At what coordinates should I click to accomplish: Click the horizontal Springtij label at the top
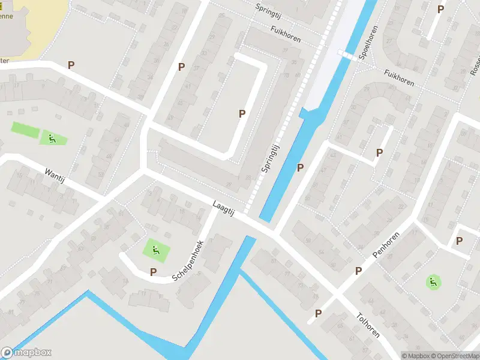pyautogui.click(x=268, y=11)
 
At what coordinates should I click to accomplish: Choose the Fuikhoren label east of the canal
pyautogui.click(x=400, y=78)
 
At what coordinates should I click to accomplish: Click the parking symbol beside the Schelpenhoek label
pyautogui.click(x=153, y=272)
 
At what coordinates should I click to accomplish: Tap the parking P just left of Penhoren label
pyautogui.click(x=358, y=271)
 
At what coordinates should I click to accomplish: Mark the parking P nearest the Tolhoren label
pyautogui.click(x=318, y=313)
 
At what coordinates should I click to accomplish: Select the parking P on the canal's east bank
pyautogui.click(x=300, y=168)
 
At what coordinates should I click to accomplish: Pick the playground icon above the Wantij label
pyautogui.click(x=52, y=139)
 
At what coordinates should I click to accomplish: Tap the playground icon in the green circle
pyautogui.click(x=433, y=281)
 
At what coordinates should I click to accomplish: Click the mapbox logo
pyautogui.click(x=26, y=352)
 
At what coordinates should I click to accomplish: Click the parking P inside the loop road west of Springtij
pyautogui.click(x=242, y=113)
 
